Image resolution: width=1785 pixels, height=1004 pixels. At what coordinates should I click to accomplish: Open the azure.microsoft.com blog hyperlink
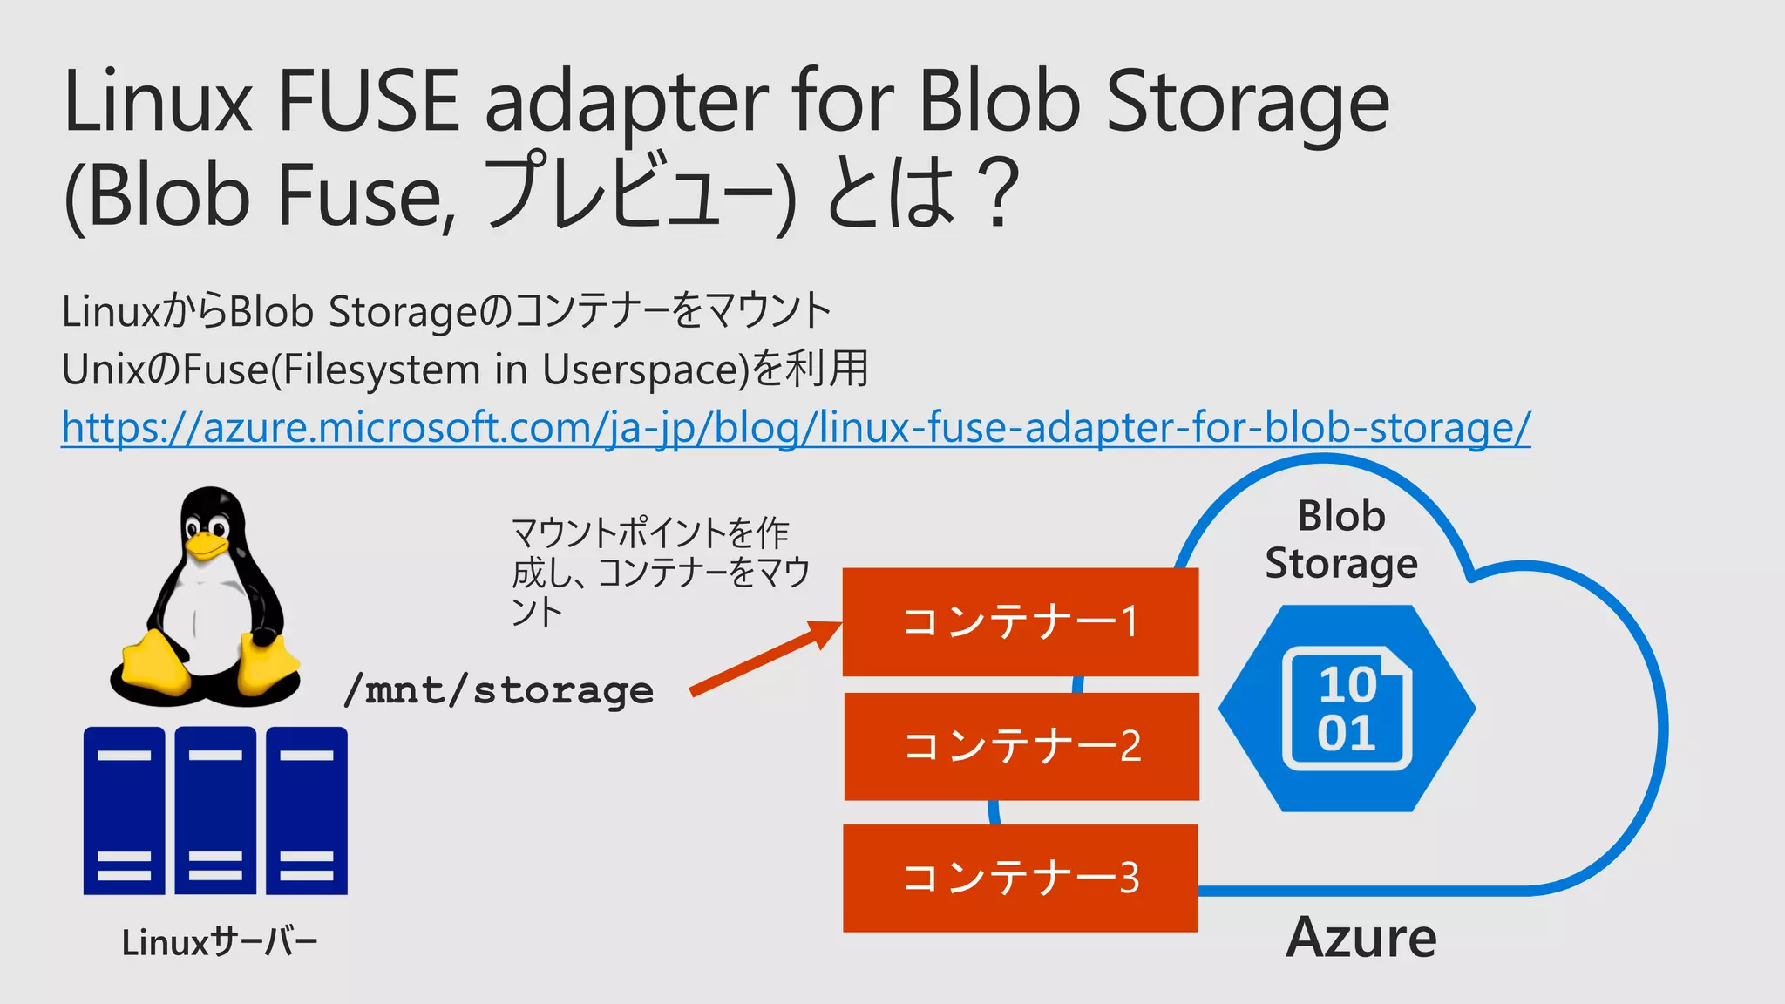coord(795,428)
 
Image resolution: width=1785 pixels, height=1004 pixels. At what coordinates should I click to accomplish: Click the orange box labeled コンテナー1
coord(1020,621)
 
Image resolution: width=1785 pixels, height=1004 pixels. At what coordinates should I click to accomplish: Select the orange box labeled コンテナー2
coord(1021,746)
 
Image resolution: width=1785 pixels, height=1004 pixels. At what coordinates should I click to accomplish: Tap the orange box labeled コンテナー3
coord(1020,878)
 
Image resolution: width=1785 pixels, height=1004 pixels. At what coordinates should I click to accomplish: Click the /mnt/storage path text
coord(499,691)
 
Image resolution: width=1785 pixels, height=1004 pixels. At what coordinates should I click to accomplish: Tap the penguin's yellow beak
coord(207,546)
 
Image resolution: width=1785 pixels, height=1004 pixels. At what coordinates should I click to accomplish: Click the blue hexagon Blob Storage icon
coord(1347,709)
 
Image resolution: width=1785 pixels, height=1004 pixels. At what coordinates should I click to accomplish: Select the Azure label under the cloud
coord(1361,938)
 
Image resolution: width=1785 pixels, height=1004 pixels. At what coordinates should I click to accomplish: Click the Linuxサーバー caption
coord(220,942)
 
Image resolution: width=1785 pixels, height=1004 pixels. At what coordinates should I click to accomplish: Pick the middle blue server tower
coord(215,811)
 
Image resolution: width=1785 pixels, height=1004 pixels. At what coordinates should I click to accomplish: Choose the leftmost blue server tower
coord(124,811)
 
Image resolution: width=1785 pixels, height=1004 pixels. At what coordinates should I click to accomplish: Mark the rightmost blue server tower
coord(307,811)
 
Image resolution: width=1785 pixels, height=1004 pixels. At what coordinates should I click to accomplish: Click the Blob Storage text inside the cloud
coord(1341,539)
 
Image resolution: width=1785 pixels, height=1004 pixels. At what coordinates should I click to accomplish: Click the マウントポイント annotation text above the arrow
coord(659,571)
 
